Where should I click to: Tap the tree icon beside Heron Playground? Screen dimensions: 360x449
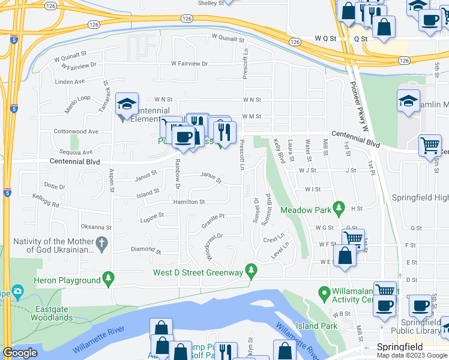(109, 278)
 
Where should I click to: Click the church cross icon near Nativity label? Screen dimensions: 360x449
(102, 244)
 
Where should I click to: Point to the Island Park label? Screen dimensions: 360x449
(316, 326)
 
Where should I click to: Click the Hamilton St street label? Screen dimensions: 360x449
(189, 202)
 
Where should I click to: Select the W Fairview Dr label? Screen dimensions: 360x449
(189, 63)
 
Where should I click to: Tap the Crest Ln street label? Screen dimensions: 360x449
(274, 239)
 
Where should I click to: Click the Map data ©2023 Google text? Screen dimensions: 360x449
(411, 355)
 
